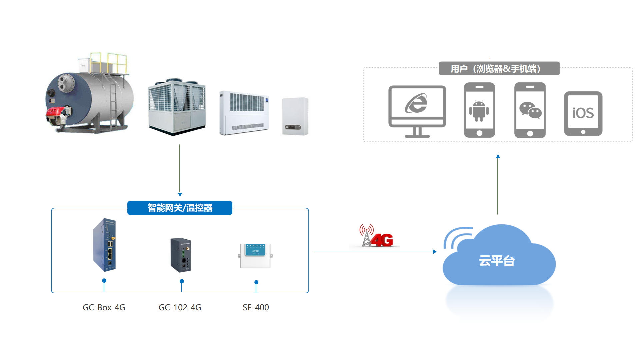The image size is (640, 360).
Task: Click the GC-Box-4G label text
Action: click(104, 307)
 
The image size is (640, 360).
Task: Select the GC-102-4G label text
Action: click(180, 307)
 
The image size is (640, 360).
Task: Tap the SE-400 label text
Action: click(256, 307)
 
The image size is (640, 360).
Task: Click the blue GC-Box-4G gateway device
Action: click(104, 245)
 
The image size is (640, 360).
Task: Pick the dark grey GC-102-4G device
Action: click(181, 255)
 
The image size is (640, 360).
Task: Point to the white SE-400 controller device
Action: click(255, 256)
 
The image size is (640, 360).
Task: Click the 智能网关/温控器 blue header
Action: click(180, 208)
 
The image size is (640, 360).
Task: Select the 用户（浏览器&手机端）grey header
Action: click(499, 69)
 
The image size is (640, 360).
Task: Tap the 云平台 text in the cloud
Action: click(497, 261)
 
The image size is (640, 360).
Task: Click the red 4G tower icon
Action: click(376, 236)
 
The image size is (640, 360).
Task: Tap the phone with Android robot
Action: click(479, 110)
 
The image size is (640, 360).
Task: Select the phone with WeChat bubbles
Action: click(530, 110)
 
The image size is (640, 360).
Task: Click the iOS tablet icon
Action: click(583, 114)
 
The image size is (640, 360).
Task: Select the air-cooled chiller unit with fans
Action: click(177, 107)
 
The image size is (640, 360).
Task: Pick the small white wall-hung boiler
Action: click(295, 116)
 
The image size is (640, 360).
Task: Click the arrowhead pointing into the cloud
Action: click(434, 252)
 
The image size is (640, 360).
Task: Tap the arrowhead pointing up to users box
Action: click(498, 156)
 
